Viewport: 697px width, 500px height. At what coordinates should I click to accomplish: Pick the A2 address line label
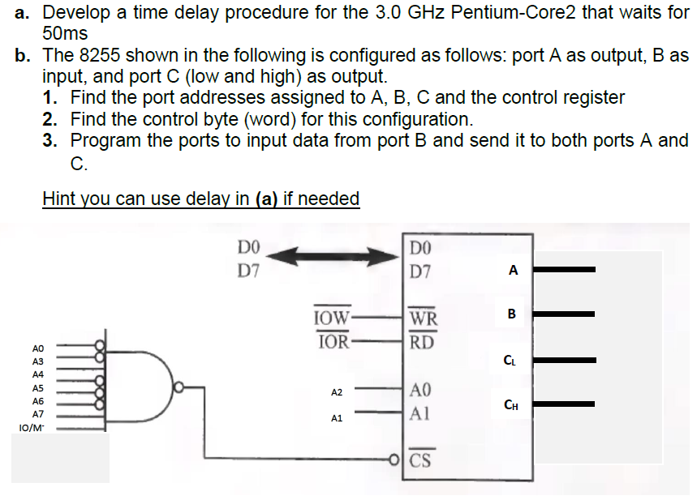337,392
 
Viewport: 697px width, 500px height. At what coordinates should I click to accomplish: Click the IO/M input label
29,425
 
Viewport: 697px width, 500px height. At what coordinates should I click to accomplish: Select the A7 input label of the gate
37,413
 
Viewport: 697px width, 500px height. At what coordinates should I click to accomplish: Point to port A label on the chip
512,271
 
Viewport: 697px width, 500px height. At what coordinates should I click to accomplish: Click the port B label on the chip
512,313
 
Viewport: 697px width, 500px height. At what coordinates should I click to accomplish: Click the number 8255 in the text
100,56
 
